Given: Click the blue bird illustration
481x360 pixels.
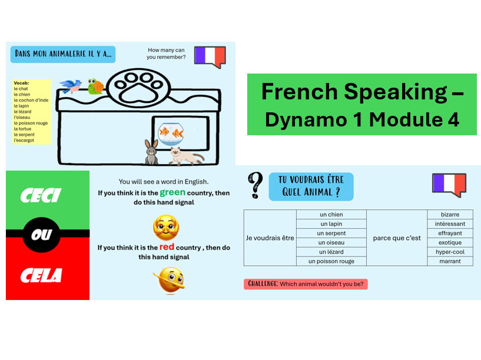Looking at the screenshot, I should tap(71, 86).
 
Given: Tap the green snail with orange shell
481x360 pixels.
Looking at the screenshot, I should tap(95, 86).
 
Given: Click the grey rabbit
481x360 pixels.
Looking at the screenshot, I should tap(152, 152).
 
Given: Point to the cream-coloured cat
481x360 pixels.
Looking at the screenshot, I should tap(185, 156).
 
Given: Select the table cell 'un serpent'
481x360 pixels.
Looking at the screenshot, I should tap(331, 233).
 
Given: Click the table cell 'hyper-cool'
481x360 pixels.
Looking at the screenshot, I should tap(450, 252).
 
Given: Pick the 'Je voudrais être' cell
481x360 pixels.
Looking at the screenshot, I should tap(270, 238).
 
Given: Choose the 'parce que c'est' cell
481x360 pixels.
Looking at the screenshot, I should tap(397, 238).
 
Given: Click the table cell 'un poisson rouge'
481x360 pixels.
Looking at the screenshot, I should tap(331, 261).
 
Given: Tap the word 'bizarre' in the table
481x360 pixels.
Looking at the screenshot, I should tap(450, 215).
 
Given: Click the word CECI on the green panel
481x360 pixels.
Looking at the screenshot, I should tap(41, 196).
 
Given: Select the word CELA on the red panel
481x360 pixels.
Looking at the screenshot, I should tap(41, 275).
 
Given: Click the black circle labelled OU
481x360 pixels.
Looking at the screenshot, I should tap(41, 235).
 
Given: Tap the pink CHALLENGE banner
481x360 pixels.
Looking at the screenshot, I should tap(306, 284).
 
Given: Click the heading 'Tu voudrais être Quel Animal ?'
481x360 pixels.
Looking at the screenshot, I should tap(311, 186).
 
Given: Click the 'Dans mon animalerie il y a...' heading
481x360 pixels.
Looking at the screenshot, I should tap(63, 55).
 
